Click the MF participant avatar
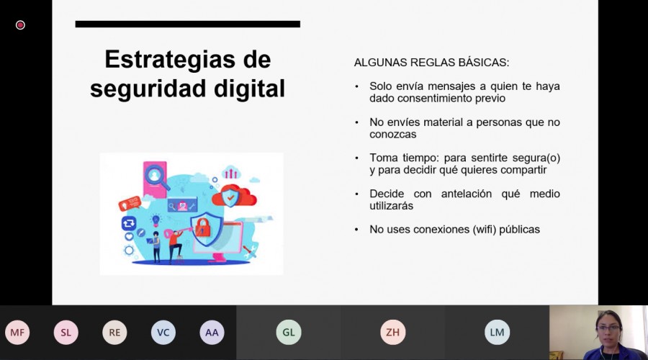17,333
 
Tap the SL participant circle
66,333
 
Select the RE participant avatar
114,333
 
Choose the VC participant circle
163,333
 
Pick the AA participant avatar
212,333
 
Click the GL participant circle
289,333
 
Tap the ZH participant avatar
392,333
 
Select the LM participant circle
497,333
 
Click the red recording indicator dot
20,25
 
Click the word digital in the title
250,89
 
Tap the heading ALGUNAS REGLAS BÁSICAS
431,63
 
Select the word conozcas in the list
393,135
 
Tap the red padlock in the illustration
202,228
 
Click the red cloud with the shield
234,196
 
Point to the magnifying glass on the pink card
157,177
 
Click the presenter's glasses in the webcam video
608,328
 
